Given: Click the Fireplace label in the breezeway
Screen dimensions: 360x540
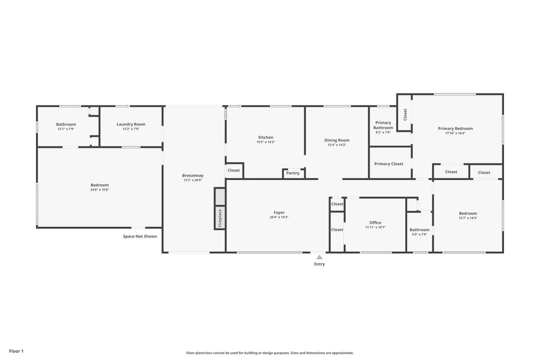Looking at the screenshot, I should [x=219, y=217].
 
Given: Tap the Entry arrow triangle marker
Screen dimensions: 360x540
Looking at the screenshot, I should [x=319, y=257].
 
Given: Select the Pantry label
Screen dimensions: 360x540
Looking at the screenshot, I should [x=293, y=173].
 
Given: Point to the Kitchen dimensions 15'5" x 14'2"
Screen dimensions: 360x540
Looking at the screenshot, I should [x=265, y=142].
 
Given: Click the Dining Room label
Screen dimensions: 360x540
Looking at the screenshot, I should [x=336, y=140].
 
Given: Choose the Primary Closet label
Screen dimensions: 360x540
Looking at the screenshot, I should [x=388, y=163].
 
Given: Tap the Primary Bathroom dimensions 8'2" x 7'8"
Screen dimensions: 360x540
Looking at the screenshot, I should [x=383, y=132].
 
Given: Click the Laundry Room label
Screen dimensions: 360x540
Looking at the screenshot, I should [x=131, y=124].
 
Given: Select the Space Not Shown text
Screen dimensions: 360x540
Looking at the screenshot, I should [x=140, y=236].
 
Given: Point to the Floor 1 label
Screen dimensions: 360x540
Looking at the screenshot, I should [x=16, y=351].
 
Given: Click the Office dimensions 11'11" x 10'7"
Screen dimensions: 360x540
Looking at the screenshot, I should [x=375, y=227].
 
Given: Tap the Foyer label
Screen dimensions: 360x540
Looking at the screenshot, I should [x=279, y=212].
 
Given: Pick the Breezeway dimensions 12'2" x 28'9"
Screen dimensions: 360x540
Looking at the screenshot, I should [x=192, y=180].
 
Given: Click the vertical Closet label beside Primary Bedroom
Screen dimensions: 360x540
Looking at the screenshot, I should [x=405, y=114].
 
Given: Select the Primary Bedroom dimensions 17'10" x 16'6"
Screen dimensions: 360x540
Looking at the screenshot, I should [x=455, y=133].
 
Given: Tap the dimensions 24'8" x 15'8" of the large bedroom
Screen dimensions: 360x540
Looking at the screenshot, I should [x=99, y=189].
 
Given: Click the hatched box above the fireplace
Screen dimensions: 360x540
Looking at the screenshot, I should [x=219, y=196].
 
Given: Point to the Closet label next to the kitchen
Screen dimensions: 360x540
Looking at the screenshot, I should [x=233, y=170].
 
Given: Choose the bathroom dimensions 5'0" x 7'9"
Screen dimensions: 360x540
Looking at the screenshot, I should [x=419, y=234].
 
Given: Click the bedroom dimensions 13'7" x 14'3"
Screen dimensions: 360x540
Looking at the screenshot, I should [x=467, y=218].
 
